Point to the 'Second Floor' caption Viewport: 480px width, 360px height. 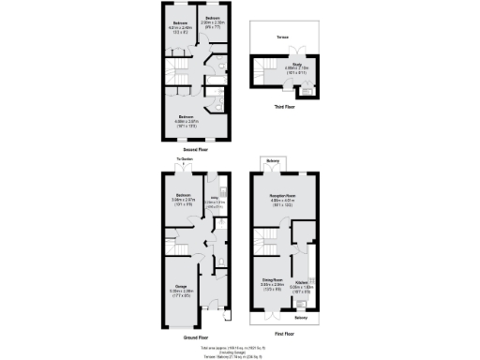196,150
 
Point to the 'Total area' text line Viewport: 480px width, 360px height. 240,347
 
